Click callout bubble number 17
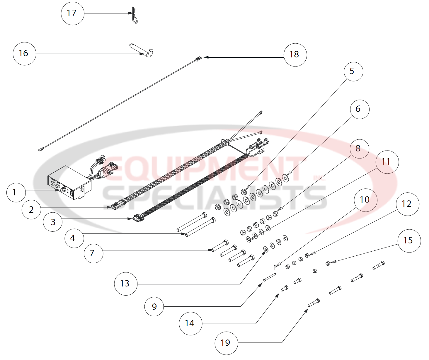[72, 13]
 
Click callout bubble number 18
[295, 55]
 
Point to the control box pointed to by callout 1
[69, 183]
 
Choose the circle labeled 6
[359, 109]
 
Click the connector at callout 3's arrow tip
[138, 218]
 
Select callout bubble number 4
[74, 238]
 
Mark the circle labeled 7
[93, 253]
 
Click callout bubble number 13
[126, 284]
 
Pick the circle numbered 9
[154, 307]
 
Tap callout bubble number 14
[190, 323]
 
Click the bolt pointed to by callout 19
[314, 303]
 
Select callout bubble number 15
[409, 241]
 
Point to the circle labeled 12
[407, 204]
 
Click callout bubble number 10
[365, 200]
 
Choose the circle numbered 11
[387, 162]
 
